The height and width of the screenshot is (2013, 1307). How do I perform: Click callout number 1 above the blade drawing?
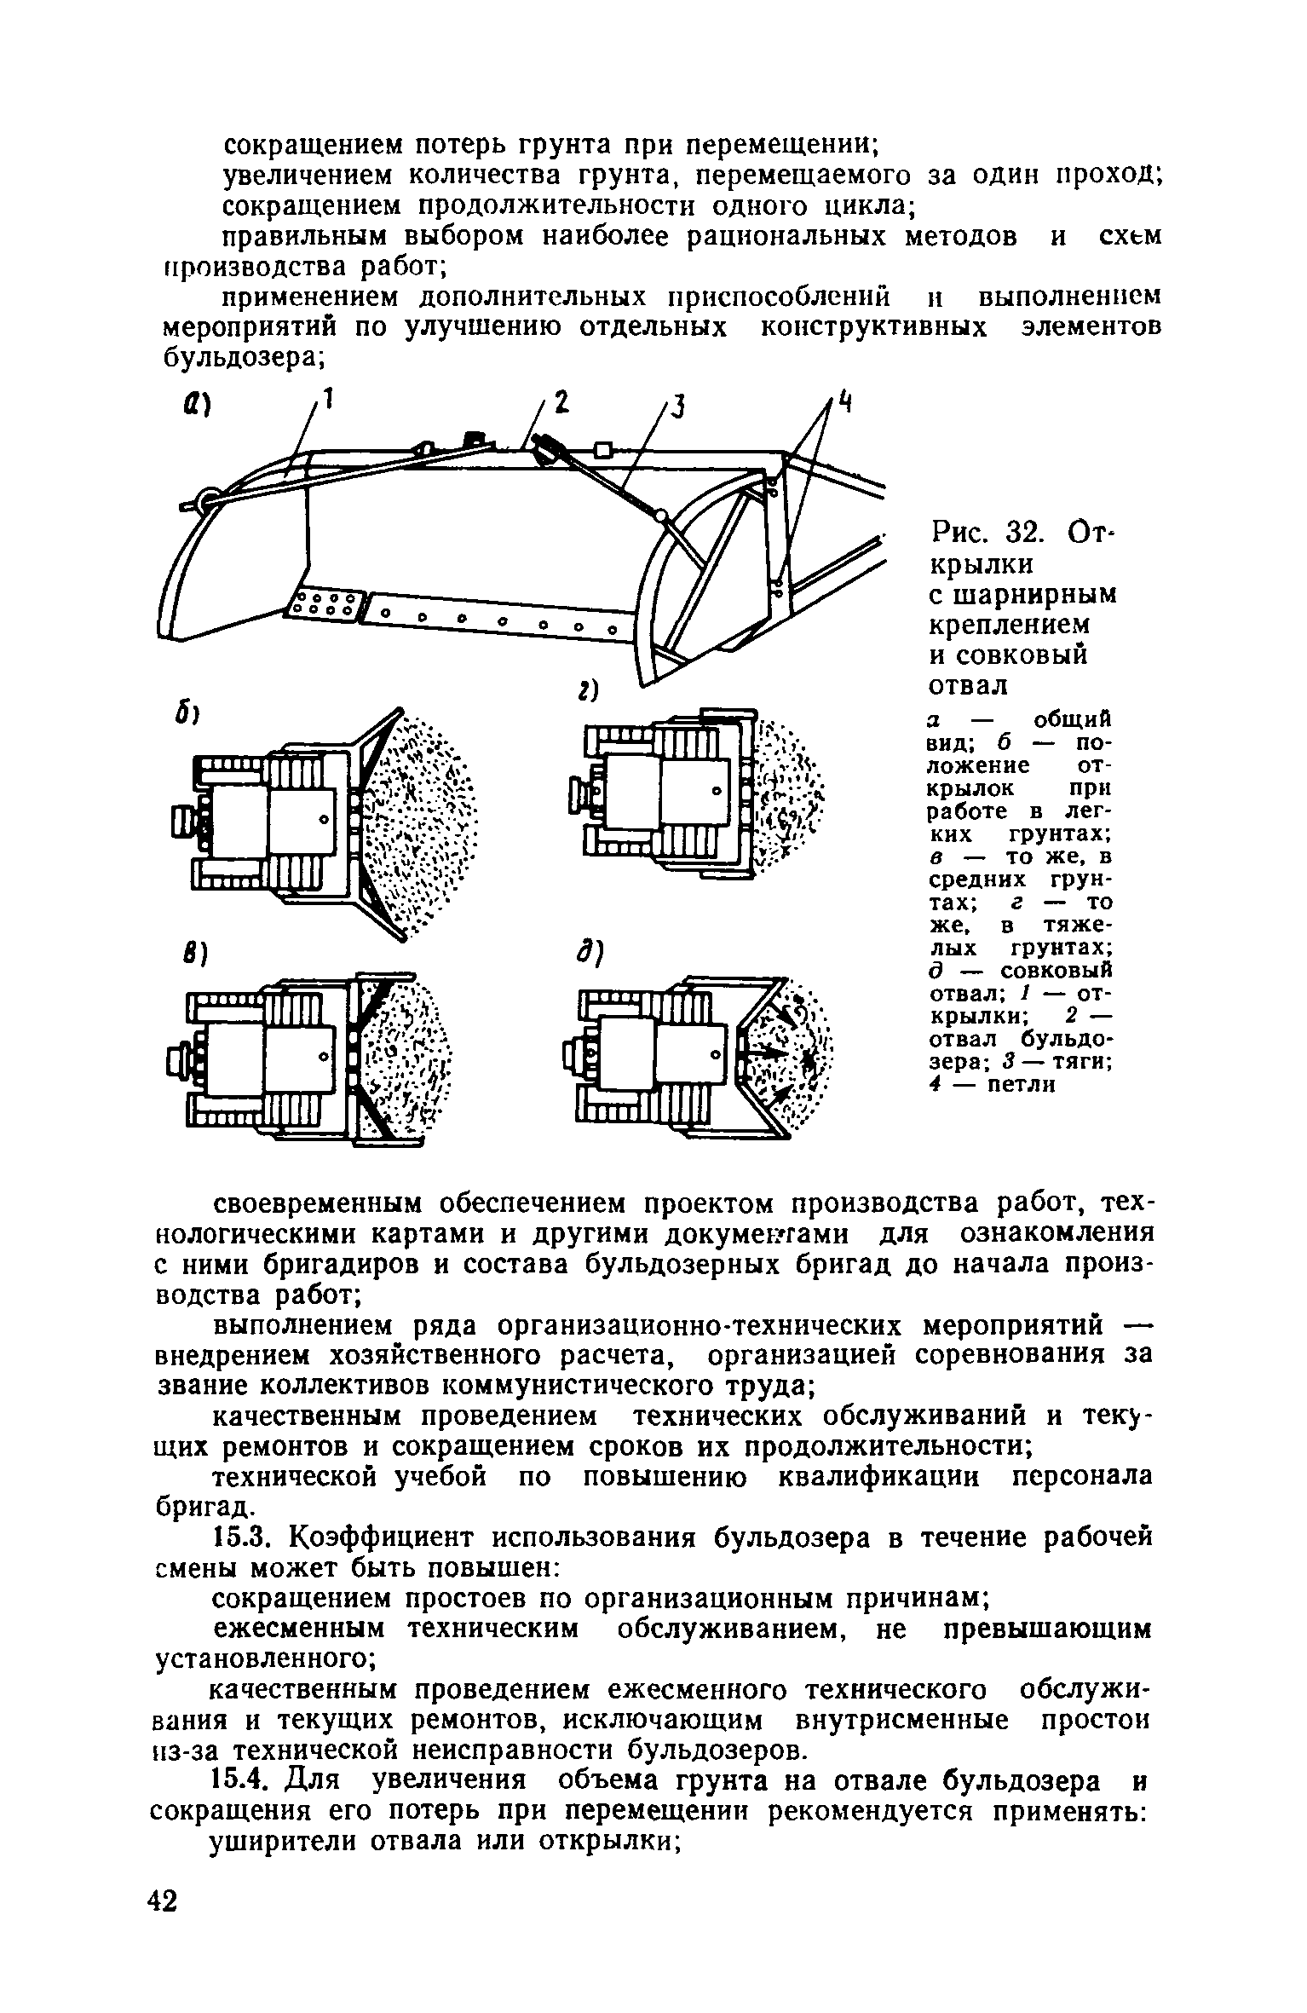[x=325, y=397]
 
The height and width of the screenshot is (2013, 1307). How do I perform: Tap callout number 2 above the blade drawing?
[x=561, y=402]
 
